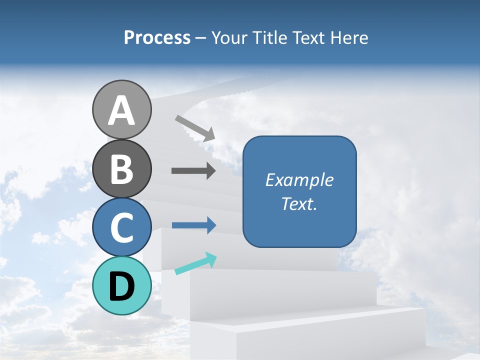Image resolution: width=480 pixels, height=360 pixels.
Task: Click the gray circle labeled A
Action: coord(121,109)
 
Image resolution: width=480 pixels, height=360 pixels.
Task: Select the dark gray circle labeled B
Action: coord(121,168)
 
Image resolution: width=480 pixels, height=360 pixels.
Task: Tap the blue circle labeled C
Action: coord(121,227)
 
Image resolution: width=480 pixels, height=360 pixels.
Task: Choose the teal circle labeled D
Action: coord(121,285)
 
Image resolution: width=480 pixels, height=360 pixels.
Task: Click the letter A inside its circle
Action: coord(121,110)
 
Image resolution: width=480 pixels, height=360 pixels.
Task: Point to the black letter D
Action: coord(121,286)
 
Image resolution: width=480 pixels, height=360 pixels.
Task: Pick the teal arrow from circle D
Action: coord(195,263)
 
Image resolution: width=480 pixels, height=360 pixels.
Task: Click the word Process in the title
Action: coord(157,37)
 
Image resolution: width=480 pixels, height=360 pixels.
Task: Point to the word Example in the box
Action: coord(299,180)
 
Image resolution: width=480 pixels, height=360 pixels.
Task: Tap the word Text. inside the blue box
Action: coord(299,203)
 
